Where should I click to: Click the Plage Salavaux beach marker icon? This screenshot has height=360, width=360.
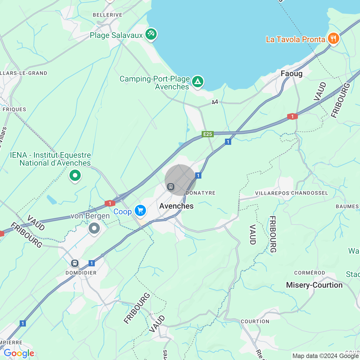click(x=151, y=34)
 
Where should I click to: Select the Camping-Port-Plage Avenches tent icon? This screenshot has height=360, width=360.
click(x=198, y=82)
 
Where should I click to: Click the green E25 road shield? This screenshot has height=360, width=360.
click(x=208, y=134)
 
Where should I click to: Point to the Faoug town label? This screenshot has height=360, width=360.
click(x=292, y=74)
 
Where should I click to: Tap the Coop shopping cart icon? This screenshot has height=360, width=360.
click(x=140, y=210)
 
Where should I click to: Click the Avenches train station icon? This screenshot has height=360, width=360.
click(x=171, y=187)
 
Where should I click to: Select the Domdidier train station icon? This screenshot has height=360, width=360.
click(x=75, y=263)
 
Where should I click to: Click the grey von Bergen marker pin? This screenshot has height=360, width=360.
click(x=94, y=228)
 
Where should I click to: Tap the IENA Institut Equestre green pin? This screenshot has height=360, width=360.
click(x=75, y=176)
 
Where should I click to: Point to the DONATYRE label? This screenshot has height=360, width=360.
click(x=201, y=193)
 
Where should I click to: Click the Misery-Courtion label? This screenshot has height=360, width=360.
click(x=314, y=285)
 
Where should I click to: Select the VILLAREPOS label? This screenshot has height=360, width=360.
click(x=272, y=193)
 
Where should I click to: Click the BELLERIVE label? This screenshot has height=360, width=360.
click(x=107, y=15)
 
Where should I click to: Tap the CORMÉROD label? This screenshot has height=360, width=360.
click(x=309, y=273)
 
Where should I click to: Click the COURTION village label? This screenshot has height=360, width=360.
click(x=255, y=321)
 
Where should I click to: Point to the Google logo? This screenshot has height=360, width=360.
click(x=19, y=353)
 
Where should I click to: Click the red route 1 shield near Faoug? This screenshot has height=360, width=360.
click(x=292, y=116)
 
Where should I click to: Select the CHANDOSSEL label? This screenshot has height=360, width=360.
click(x=310, y=193)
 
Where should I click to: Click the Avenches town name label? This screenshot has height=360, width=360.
click(x=176, y=206)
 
